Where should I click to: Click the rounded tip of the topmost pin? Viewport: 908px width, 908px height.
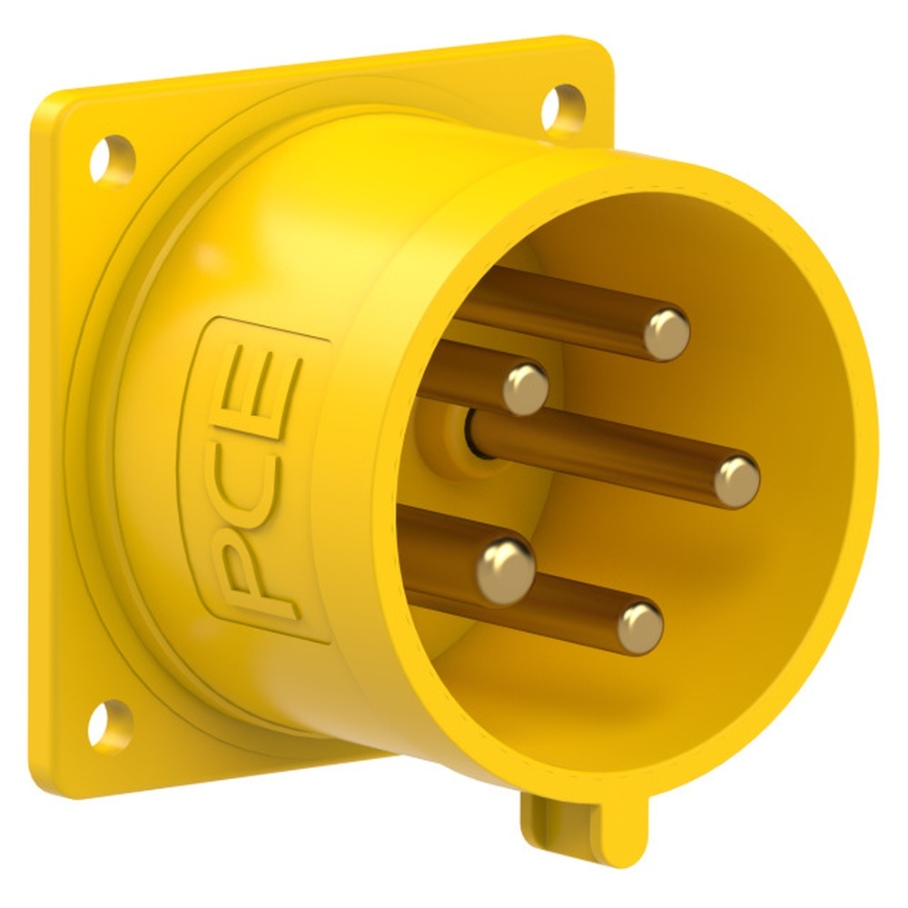click(x=666, y=334)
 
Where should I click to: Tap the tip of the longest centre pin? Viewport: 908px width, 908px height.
click(x=736, y=481)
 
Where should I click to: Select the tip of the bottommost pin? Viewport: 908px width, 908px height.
click(x=640, y=627)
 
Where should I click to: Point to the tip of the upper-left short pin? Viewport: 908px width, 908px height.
click(x=526, y=388)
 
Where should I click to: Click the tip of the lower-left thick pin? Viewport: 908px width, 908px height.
click(x=506, y=569)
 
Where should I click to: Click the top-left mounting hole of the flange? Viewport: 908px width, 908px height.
click(x=112, y=160)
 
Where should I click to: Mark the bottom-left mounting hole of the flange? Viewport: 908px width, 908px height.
click(x=110, y=726)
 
